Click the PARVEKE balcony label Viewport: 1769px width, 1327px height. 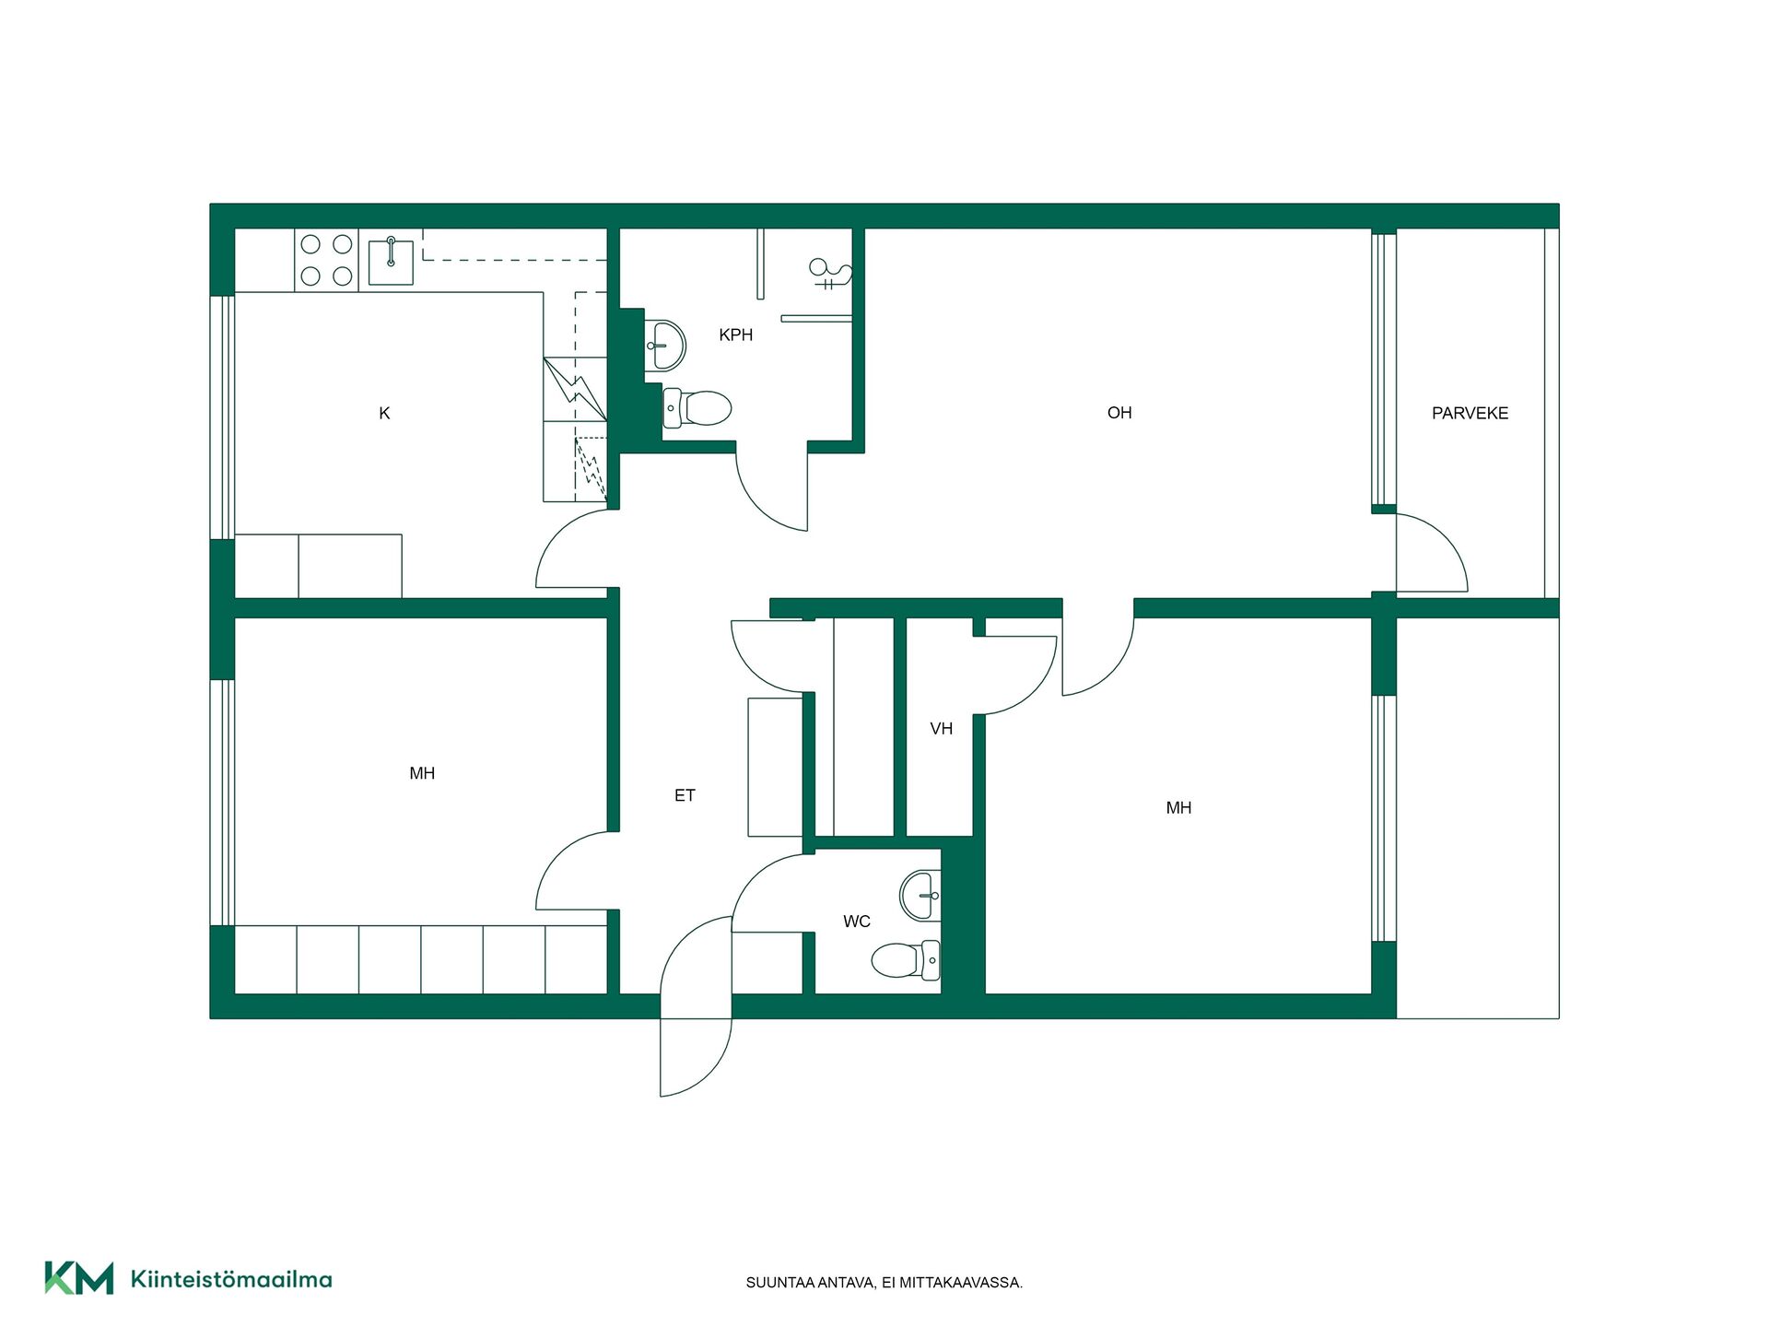point(1470,414)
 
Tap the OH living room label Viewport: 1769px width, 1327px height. point(1119,413)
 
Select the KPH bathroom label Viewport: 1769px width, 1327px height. point(735,335)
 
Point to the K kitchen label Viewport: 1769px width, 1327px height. point(384,414)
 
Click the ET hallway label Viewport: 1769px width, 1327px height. point(685,795)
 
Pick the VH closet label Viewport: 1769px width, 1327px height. point(941,729)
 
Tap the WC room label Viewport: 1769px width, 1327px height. point(857,922)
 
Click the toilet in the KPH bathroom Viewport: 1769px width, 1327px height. point(697,407)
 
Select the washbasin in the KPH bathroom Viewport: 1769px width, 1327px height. point(664,345)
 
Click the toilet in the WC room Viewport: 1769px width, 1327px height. point(906,960)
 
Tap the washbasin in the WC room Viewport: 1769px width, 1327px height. point(920,895)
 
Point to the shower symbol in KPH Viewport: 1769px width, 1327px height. point(829,274)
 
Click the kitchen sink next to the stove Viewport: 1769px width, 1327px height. point(391,262)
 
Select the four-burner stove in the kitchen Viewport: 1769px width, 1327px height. point(326,260)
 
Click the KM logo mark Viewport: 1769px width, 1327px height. point(79,1278)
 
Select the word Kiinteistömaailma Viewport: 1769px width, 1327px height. point(231,1279)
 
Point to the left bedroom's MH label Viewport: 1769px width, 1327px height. point(422,774)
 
